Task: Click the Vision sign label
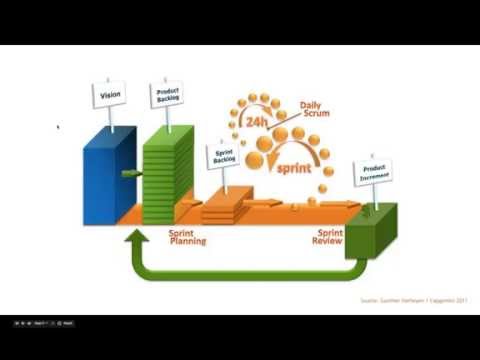[x=111, y=95]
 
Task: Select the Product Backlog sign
[x=168, y=94]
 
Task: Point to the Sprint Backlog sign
[x=223, y=156]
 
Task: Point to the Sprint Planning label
[x=187, y=236]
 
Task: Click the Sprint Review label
[x=329, y=236]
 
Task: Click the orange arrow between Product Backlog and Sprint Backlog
[x=189, y=208]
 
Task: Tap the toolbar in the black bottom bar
[x=40, y=323]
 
